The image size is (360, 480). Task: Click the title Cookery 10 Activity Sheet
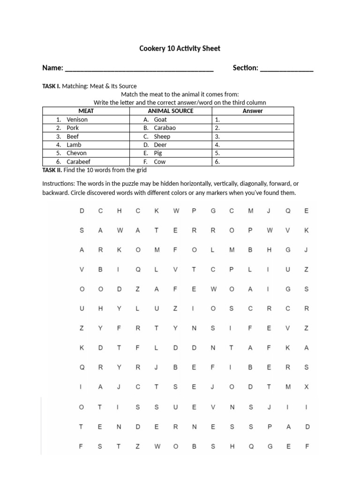[180, 48]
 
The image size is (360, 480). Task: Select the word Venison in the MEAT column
[77, 120]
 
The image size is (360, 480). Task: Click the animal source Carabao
[165, 128]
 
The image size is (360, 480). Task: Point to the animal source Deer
[160, 145]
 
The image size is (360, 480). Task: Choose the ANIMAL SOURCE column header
[170, 111]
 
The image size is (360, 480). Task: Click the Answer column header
[253, 111]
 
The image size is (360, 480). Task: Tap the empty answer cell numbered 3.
[253, 136]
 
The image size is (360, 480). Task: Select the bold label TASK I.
[51, 86]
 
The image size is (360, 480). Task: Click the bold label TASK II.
[52, 170]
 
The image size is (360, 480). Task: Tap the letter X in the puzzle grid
[307, 387]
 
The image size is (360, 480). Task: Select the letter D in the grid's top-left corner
[82, 211]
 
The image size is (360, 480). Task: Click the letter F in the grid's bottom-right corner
[307, 447]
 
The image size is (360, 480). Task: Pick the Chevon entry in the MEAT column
[76, 153]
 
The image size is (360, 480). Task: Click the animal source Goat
[160, 120]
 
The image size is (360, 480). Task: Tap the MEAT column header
[86, 111]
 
